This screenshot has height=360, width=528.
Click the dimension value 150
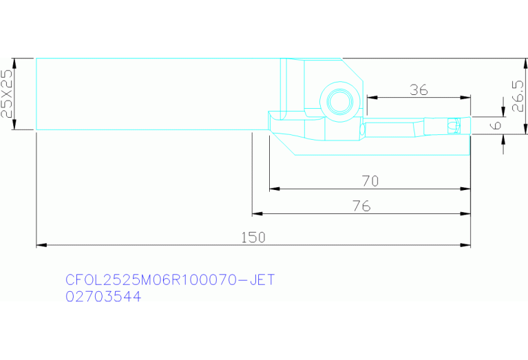253,237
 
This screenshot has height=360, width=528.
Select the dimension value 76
361,206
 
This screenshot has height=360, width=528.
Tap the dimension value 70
370,181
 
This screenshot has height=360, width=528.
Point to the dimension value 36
419,90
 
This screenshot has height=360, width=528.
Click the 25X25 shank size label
7,94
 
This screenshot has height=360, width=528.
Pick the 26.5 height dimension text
518,96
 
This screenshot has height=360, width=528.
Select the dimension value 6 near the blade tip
496,125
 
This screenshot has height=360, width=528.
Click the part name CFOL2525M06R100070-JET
170,280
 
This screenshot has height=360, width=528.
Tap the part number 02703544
103,297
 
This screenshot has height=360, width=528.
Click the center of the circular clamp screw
341,102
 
